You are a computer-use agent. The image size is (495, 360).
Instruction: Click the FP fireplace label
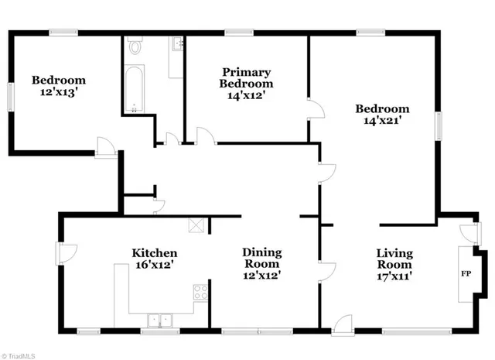(466, 274)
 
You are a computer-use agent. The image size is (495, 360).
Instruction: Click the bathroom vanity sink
(176, 45)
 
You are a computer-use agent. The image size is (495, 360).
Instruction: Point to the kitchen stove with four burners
(200, 292)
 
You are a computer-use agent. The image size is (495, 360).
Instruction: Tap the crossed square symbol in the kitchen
(196, 226)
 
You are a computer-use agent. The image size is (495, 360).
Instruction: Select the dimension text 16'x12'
(155, 265)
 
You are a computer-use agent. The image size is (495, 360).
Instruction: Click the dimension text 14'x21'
(381, 121)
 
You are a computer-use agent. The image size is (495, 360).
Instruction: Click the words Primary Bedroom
(246, 77)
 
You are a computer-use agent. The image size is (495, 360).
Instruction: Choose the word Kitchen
(155, 253)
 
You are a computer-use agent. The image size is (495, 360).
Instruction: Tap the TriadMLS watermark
(19, 355)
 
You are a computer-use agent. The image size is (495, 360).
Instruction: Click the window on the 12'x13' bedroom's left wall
(9, 95)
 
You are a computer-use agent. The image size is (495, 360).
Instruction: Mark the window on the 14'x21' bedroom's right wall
(439, 125)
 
